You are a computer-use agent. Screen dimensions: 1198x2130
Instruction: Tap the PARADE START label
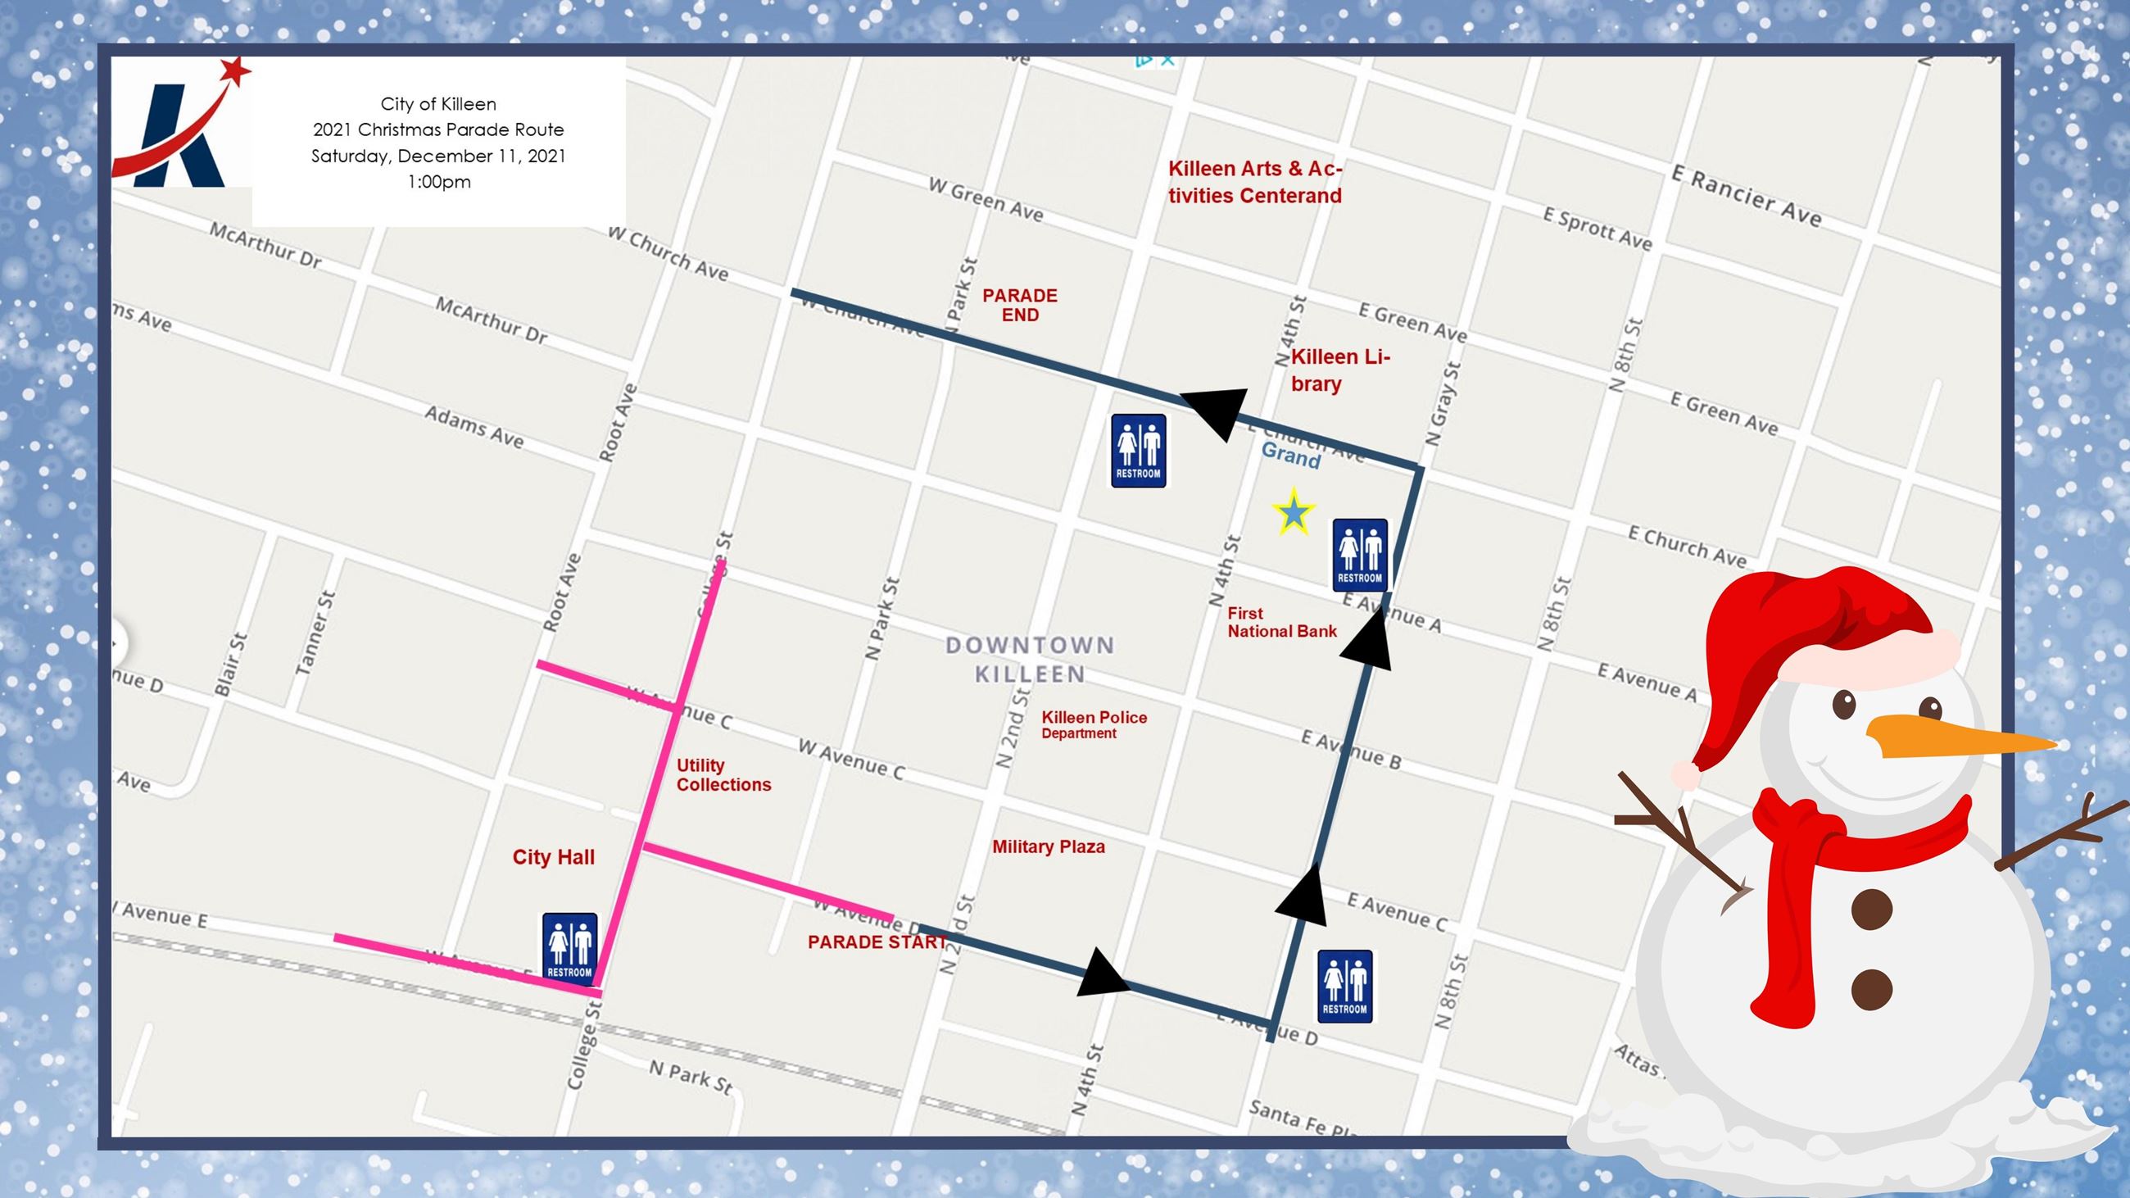(x=877, y=942)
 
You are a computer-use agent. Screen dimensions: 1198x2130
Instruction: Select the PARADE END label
(x=1019, y=305)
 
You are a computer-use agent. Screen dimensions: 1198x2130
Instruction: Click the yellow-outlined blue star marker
(x=1294, y=513)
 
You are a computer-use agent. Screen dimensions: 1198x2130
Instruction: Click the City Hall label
(x=553, y=857)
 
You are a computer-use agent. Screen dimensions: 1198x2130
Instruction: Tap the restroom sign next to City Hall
(x=569, y=946)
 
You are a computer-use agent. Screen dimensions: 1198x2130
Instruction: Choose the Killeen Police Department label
(x=1093, y=724)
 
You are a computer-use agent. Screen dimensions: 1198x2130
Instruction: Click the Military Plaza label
(x=1049, y=846)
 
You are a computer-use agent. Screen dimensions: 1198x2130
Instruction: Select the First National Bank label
(x=1280, y=623)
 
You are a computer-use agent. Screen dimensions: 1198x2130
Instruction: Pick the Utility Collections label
(x=723, y=775)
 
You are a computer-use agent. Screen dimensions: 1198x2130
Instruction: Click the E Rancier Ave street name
(x=1746, y=197)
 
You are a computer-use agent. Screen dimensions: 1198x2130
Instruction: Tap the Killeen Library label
(x=1339, y=370)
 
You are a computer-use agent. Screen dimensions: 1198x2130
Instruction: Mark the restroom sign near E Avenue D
(x=1344, y=986)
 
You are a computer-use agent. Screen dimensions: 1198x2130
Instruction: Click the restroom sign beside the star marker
(x=1359, y=555)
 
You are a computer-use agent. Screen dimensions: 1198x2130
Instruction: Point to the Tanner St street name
(x=315, y=633)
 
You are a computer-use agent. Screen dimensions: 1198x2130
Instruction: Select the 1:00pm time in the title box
(x=438, y=182)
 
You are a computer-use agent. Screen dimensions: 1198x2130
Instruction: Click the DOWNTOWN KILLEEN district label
(x=1031, y=660)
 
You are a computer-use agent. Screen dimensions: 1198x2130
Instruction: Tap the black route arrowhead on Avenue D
(x=1103, y=973)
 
